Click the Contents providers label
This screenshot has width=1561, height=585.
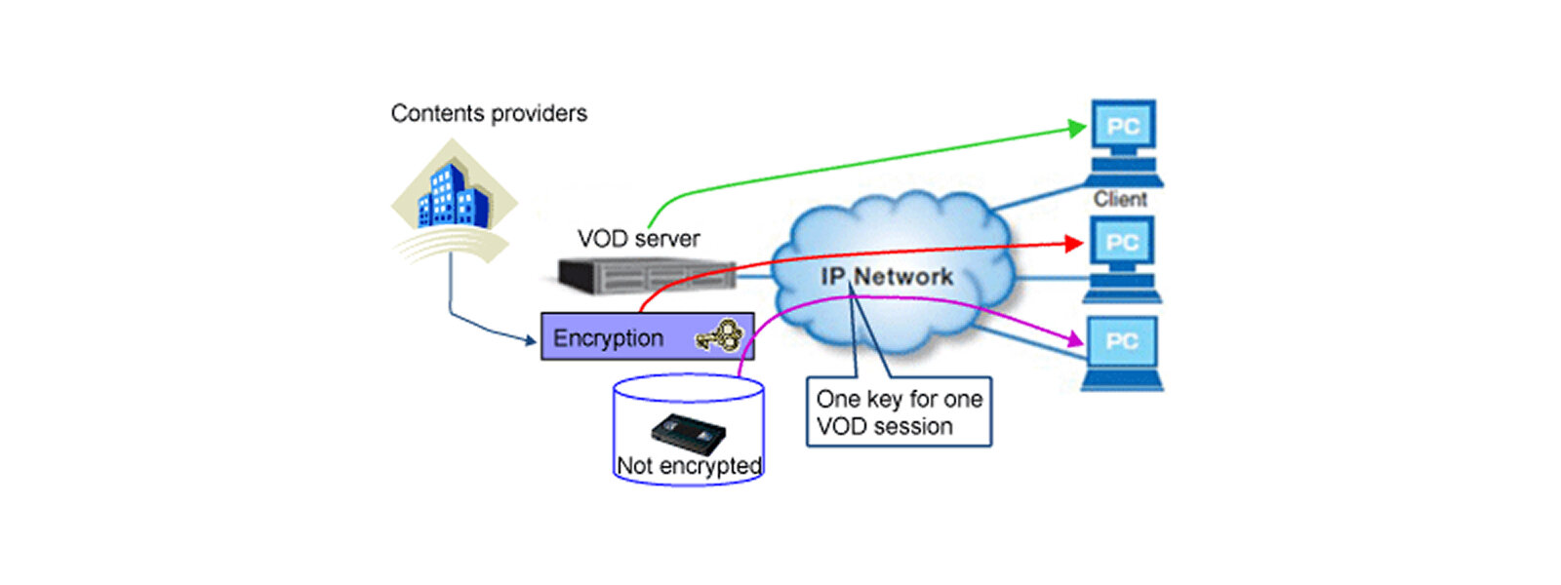pyautogui.click(x=489, y=114)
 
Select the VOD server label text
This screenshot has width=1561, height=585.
pyautogui.click(x=638, y=239)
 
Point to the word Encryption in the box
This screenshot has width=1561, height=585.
pyautogui.click(x=608, y=338)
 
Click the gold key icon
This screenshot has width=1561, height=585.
pyautogui.click(x=720, y=336)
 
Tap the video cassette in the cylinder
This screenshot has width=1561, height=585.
pyautogui.click(x=688, y=433)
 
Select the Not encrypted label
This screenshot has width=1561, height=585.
pyautogui.click(x=689, y=466)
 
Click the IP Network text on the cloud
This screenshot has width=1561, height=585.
pyautogui.click(x=887, y=277)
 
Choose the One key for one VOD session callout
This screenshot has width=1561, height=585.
pyautogui.click(x=899, y=412)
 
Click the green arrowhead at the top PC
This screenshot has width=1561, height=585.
pyautogui.click(x=1077, y=128)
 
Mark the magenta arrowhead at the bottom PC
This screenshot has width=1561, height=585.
pyautogui.click(x=1075, y=339)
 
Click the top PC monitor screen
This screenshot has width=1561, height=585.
pyautogui.click(x=1123, y=127)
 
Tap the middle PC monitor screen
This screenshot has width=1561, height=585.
pyautogui.click(x=1122, y=243)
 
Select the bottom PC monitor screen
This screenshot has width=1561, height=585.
pyautogui.click(x=1122, y=341)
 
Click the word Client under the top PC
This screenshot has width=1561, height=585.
pyautogui.click(x=1120, y=199)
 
